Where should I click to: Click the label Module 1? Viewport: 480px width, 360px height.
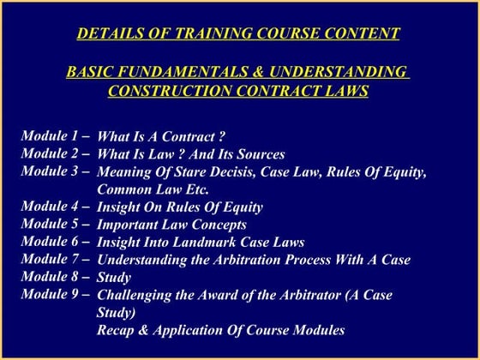(x=57, y=135)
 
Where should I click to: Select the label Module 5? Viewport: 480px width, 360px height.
(x=57, y=224)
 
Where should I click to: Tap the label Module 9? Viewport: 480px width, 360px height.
(x=57, y=294)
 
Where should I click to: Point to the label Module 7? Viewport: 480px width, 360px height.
(x=57, y=259)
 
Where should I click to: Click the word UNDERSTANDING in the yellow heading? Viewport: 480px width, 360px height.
(x=342, y=71)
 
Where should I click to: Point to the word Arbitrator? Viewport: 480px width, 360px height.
(x=296, y=295)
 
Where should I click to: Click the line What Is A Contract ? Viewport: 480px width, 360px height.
(x=161, y=136)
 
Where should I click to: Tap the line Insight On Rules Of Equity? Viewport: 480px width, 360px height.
(x=180, y=207)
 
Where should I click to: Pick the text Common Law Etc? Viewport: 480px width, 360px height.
(x=153, y=189)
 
